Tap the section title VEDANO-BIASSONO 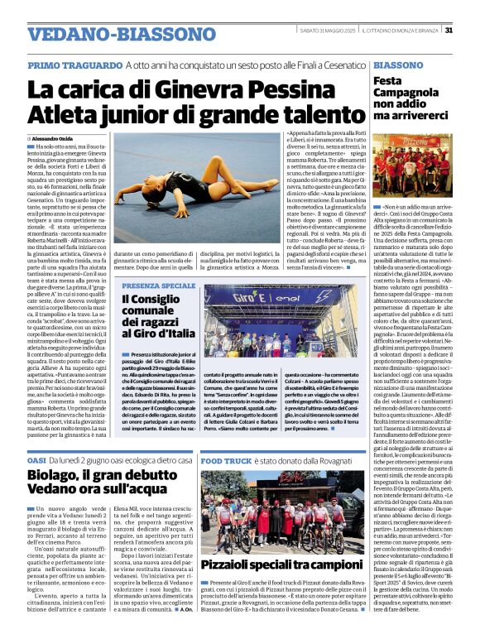[98, 35]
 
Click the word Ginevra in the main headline [181, 87]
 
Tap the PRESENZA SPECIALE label [159, 286]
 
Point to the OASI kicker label [36, 459]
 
